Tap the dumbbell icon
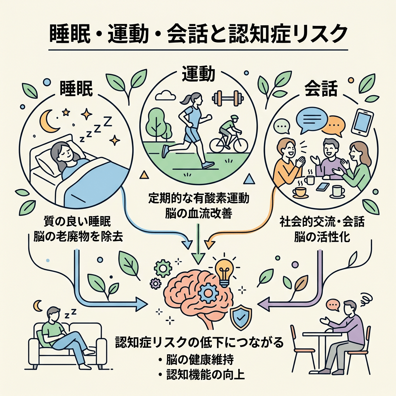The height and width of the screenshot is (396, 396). pos(228,98)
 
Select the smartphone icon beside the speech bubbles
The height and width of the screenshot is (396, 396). pos(362,122)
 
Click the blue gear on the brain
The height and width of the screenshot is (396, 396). pos(208,293)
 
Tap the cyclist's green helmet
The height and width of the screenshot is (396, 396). pos(234,118)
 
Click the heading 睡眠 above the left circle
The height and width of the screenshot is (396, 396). pos(76,89)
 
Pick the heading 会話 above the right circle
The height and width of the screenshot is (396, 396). pos(321,89)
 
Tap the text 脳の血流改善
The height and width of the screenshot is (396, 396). pos(199,213)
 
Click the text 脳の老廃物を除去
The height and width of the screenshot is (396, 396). pos(78,237)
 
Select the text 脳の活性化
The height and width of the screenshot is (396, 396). pos(322,237)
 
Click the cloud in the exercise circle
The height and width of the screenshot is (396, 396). pos(166,96)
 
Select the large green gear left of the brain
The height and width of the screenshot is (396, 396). pos(163,268)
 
